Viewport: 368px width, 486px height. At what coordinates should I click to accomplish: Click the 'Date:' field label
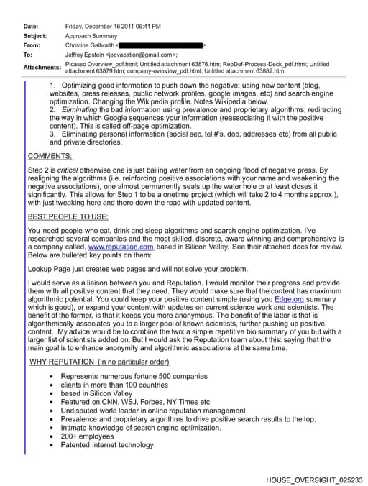pyautogui.click(x=30, y=26)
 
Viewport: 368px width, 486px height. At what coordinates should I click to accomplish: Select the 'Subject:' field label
pyautogui.click(x=34, y=35)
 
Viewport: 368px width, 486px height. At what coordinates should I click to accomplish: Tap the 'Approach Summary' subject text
pyautogui.click(x=91, y=35)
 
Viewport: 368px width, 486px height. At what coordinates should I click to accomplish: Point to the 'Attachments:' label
pyautogui.click(x=42, y=67)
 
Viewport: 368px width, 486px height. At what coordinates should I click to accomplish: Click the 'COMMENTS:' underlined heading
pyautogui.click(x=50, y=156)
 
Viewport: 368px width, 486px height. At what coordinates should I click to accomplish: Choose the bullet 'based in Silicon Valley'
pyautogui.click(x=96, y=393)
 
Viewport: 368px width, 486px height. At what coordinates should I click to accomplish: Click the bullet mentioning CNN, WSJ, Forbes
pyautogui.click(x=135, y=403)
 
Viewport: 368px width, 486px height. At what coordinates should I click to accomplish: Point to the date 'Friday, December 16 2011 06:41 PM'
pyautogui.click(x=113, y=26)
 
